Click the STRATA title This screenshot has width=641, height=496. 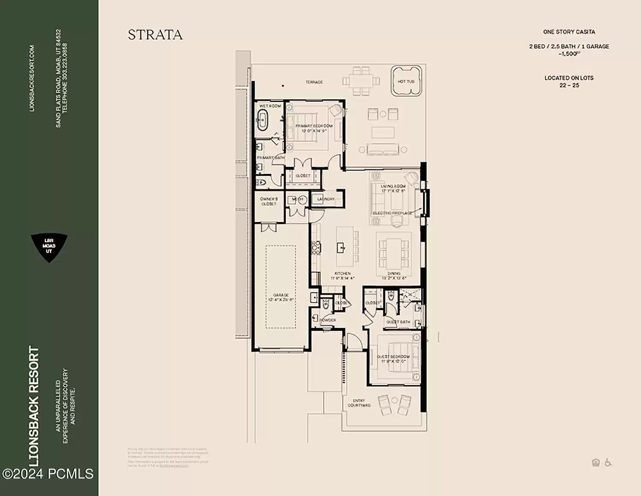(155, 35)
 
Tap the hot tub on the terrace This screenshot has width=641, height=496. (406, 81)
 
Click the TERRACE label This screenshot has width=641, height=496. (314, 82)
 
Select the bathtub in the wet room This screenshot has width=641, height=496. (262, 120)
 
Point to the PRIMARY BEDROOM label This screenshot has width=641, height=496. (314, 126)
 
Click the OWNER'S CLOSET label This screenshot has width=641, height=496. (269, 201)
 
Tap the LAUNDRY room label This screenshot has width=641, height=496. (326, 199)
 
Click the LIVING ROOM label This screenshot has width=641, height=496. (393, 186)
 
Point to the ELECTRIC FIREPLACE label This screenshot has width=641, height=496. (393, 213)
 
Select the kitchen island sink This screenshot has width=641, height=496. (341, 247)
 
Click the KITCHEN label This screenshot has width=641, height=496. (342, 274)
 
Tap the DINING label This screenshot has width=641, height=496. (394, 274)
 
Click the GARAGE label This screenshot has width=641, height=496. (281, 295)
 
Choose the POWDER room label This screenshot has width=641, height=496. (328, 320)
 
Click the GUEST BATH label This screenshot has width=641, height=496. (398, 322)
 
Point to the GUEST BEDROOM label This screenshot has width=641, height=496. (393, 357)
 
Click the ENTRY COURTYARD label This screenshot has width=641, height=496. (359, 403)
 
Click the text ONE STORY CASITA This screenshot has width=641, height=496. (569, 32)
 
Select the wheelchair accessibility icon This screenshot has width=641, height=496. (608, 462)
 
